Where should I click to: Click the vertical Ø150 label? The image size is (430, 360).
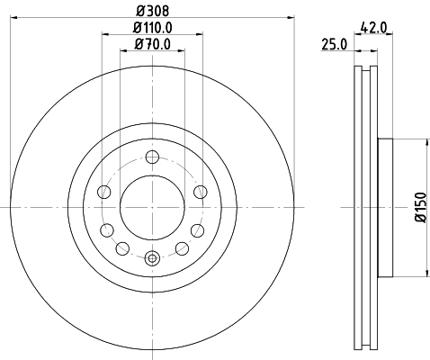pos(418,208)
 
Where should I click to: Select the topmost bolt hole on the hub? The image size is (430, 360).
pos(151,157)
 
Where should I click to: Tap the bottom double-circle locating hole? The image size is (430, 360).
pos(151,258)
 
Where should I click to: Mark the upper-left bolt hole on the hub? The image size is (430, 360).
pos(103,191)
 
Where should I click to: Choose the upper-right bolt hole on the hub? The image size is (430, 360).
pos(200,191)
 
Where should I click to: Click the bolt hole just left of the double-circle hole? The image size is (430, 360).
pos(123,248)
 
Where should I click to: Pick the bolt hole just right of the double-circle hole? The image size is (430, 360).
pos(181,248)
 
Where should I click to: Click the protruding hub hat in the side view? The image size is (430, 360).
pos(384,207)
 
